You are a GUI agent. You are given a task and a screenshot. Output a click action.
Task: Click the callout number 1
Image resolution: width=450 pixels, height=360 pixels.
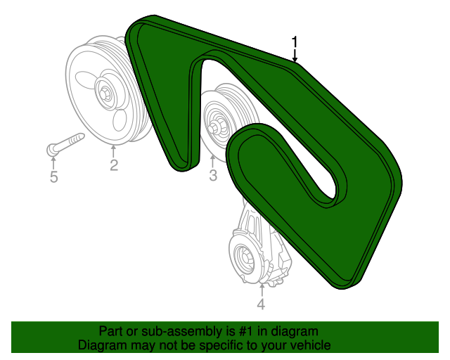[x=295, y=42]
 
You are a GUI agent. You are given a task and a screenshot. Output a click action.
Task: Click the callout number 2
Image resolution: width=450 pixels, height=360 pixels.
[x=113, y=166]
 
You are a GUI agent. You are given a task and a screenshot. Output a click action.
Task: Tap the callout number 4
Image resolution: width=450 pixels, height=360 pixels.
[x=261, y=304]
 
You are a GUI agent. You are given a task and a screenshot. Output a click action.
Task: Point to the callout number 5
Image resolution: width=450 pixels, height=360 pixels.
[x=54, y=176]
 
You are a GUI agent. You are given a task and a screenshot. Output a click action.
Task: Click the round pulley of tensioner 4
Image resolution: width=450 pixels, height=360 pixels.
[x=245, y=258]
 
